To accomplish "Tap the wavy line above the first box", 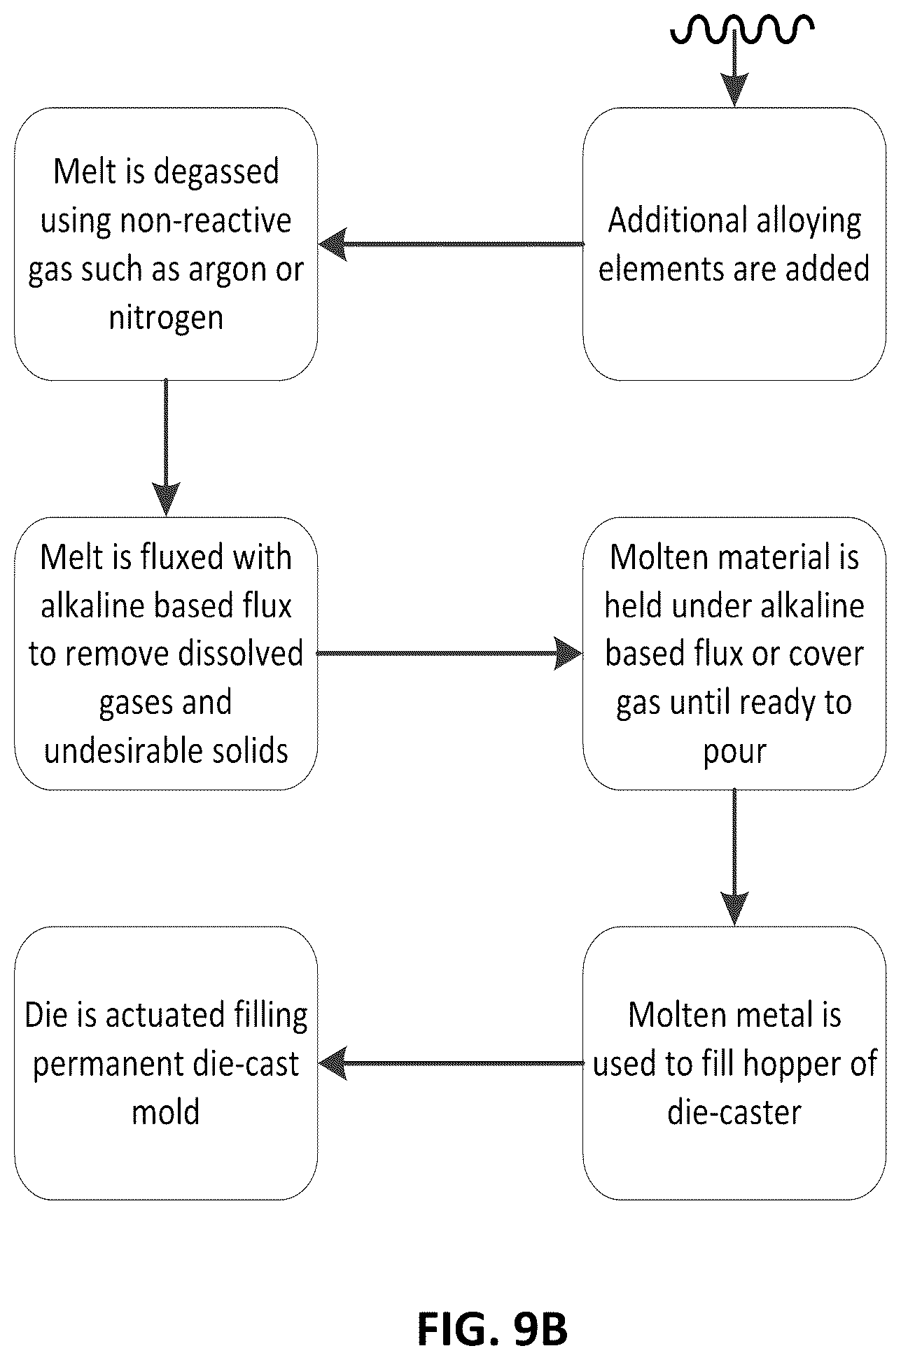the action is click(x=742, y=29).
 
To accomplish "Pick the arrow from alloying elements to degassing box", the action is click(x=451, y=244).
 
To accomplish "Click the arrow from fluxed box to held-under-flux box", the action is click(x=449, y=653).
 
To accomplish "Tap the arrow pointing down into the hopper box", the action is click(x=734, y=857).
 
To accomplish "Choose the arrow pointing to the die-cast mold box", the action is click(x=451, y=1063).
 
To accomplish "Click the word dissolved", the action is click(x=241, y=654).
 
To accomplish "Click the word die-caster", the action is click(x=734, y=1112).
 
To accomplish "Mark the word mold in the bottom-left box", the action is click(x=166, y=1112).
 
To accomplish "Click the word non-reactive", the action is click(x=206, y=221).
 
